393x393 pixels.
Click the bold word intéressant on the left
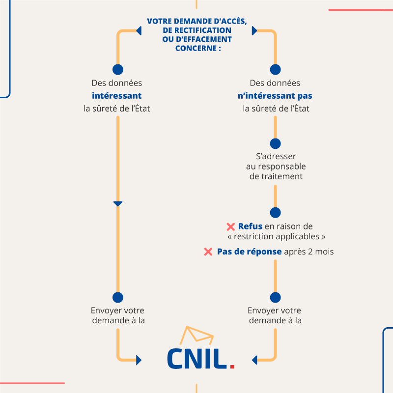coord(117,96)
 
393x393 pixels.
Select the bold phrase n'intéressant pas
coord(275,96)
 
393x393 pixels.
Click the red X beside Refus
coord(231,227)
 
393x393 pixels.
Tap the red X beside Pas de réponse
coord(208,252)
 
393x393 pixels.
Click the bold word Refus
coord(250,226)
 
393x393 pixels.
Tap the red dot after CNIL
coord(232,365)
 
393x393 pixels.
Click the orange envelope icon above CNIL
coord(196,336)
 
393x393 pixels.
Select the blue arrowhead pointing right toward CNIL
coord(139,361)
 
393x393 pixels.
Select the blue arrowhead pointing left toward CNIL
coord(254,361)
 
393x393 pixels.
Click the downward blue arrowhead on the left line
coord(117,204)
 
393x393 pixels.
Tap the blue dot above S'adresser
coord(276,143)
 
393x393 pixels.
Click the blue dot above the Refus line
coord(276,213)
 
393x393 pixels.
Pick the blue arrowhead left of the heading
coord(139,31)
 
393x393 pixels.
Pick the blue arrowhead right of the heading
coord(254,31)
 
